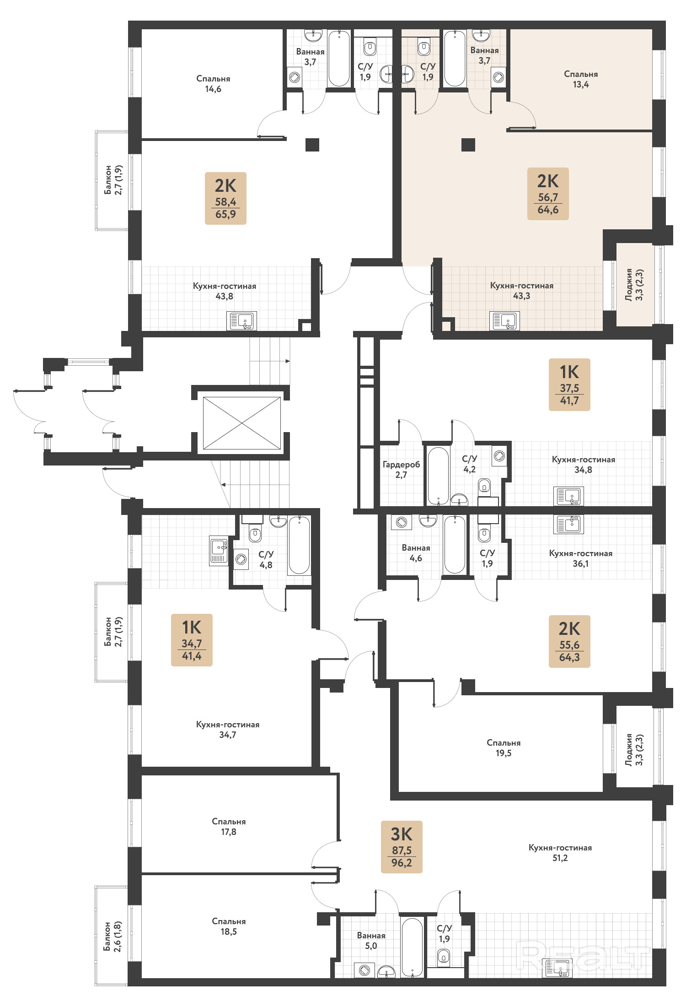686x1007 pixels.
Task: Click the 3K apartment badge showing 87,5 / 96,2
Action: point(402,847)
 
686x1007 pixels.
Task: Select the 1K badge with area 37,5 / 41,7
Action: point(569,384)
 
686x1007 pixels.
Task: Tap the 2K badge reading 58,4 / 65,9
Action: point(225,198)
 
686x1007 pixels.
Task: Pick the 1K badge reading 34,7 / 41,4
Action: point(192,640)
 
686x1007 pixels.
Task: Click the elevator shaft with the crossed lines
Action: point(242,423)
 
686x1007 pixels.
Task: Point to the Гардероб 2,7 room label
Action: point(401,470)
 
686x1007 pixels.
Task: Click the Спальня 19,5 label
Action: point(504,748)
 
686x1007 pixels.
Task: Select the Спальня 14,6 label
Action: point(213,84)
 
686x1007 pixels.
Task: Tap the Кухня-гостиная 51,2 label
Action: point(560,853)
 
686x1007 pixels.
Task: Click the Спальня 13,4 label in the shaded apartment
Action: point(581,79)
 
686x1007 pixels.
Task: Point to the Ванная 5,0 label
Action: point(371,941)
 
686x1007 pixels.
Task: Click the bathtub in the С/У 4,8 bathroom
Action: point(299,545)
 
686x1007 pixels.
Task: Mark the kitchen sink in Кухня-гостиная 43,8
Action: point(241,321)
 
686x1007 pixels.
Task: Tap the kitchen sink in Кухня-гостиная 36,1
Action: point(568,524)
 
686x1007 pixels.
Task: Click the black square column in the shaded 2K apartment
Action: point(468,145)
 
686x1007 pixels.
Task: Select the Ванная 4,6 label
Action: point(416,553)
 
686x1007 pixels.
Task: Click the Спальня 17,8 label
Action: point(229,827)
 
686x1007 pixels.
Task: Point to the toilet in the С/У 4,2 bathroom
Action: point(484,486)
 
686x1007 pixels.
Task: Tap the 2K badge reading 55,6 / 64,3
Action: point(569,641)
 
